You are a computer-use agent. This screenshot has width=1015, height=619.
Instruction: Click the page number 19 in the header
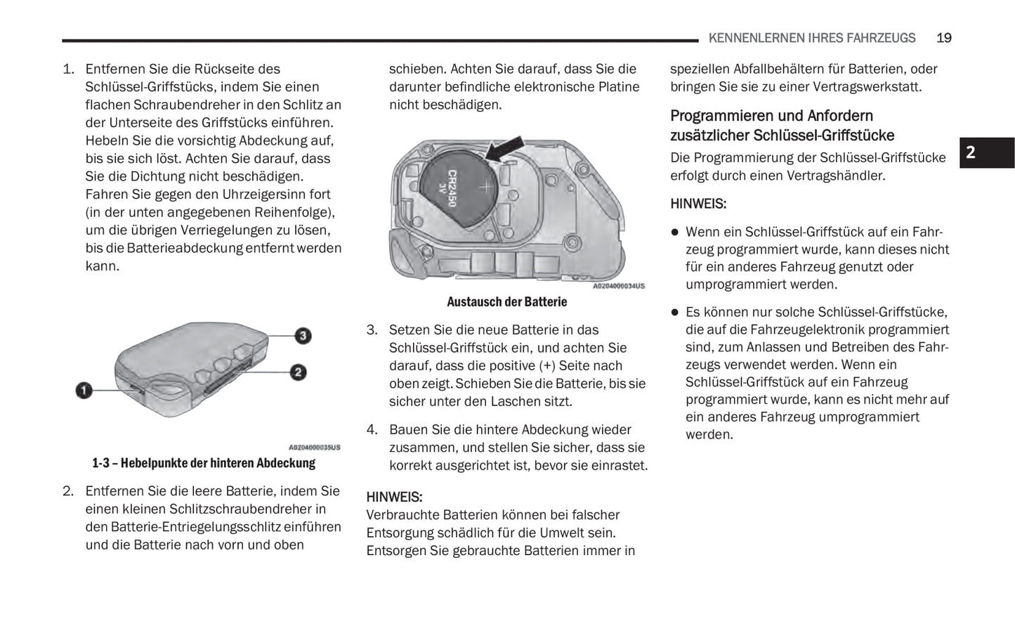943,38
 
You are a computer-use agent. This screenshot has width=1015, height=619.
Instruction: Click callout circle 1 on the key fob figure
84,389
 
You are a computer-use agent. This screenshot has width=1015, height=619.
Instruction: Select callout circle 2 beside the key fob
298,372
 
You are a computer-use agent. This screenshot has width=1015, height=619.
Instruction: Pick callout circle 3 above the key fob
303,335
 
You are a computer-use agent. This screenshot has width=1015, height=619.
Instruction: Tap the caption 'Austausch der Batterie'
506,301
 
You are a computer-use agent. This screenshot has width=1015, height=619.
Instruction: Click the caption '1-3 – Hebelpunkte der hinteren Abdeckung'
204,463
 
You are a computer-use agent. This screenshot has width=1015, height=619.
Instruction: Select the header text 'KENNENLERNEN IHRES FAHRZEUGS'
812,38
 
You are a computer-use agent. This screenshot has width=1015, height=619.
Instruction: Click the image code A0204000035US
314,448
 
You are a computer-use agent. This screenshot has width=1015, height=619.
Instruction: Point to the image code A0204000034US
618,286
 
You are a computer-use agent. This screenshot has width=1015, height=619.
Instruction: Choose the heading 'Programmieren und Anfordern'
771,116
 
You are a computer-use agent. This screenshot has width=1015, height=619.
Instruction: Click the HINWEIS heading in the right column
698,204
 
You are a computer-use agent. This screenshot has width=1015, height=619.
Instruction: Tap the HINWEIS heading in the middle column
394,497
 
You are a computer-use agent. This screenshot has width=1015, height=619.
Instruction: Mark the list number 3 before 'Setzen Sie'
372,330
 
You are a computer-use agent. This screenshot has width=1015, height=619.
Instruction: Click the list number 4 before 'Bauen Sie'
372,429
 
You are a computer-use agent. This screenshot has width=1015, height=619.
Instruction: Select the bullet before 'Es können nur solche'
675,312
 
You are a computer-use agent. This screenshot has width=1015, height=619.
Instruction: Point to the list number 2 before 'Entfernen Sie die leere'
67,491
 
